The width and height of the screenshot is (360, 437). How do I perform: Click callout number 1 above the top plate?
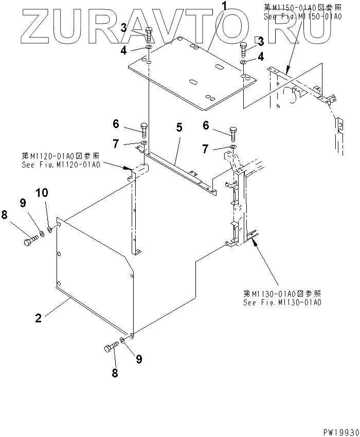[210, 7]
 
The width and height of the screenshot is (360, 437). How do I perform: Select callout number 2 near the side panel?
[38, 318]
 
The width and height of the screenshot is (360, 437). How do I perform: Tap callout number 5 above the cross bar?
[179, 126]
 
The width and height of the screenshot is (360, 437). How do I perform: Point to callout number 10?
[42, 193]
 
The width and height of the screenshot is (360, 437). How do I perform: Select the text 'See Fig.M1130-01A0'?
[282, 302]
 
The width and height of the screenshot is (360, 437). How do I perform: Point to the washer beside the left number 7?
[144, 142]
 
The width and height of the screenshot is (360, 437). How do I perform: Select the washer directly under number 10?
[50, 229]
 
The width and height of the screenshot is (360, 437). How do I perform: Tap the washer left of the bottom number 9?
[123, 340]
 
